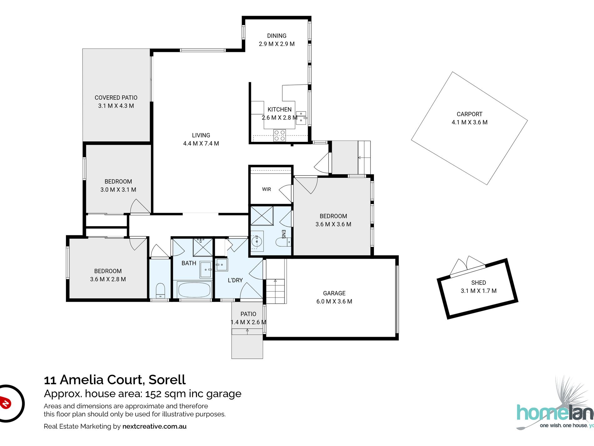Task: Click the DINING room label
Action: (x=276, y=36)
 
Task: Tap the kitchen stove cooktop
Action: (x=279, y=135)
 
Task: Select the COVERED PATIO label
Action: (x=116, y=98)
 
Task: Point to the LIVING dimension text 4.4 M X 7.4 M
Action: (x=201, y=143)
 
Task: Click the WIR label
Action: (x=266, y=189)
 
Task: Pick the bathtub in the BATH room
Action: (x=194, y=290)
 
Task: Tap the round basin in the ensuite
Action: (x=257, y=241)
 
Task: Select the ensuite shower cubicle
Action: (x=262, y=215)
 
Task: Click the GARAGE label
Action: (x=334, y=293)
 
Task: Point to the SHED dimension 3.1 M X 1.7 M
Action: (x=478, y=291)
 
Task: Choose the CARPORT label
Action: (x=469, y=114)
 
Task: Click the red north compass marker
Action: (x=5, y=402)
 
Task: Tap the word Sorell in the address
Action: (x=167, y=380)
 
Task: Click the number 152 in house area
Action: (x=154, y=394)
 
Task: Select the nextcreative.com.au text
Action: (x=154, y=426)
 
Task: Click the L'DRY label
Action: (x=235, y=280)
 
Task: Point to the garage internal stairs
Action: (x=275, y=291)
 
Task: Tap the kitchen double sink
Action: (x=301, y=118)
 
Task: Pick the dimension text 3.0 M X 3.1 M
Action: (x=118, y=190)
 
